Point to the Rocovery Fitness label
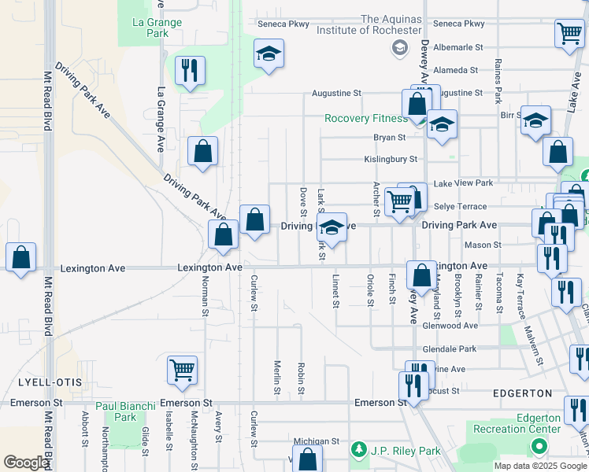tap(367, 119)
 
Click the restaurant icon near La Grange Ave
tap(190, 70)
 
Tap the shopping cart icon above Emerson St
tap(183, 369)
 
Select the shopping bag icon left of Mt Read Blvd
tap(20, 256)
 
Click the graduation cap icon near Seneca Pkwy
tap(269, 53)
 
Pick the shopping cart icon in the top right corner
tap(569, 34)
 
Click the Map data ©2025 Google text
tap(539, 466)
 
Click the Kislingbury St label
tap(390, 160)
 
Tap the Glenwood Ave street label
tap(450, 325)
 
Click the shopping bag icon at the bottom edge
tap(308, 459)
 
